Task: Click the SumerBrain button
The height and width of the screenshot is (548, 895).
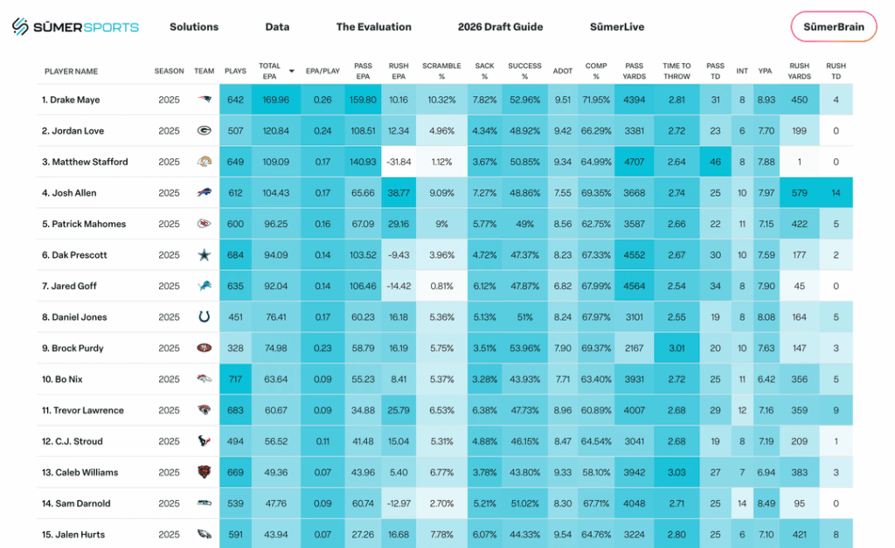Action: (833, 27)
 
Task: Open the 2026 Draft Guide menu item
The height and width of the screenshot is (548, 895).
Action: (500, 27)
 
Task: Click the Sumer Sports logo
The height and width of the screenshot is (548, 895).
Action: (75, 27)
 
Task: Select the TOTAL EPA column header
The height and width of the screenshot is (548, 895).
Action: (269, 71)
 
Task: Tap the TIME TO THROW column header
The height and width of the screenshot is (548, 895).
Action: (676, 71)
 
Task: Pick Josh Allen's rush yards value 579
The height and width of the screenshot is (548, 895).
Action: (799, 193)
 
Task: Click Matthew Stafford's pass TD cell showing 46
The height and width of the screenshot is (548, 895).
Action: (715, 162)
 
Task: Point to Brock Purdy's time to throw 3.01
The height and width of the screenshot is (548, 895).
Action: (676, 348)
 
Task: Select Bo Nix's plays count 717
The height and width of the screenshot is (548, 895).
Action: (235, 379)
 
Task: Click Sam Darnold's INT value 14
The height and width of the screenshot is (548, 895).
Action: (742, 503)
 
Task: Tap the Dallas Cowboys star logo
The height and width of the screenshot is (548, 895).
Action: (204, 255)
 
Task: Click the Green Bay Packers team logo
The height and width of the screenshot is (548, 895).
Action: (204, 131)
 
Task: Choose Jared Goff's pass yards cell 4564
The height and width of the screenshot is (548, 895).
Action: (635, 286)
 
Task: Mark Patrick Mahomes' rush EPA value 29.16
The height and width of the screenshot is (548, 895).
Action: (398, 224)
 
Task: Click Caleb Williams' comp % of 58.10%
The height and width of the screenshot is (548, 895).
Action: (596, 473)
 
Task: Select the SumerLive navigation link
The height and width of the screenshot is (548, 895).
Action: (617, 27)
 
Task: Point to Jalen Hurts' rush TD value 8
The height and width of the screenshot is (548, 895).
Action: (836, 535)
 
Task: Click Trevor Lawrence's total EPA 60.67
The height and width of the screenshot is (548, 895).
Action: (275, 411)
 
